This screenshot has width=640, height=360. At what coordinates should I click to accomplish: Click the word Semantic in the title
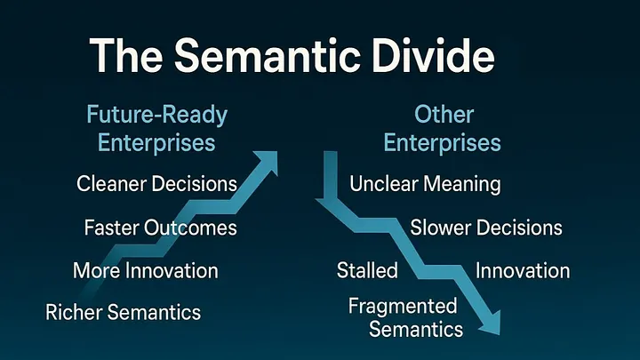[x=268, y=55]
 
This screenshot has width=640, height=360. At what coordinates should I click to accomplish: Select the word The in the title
[x=126, y=55]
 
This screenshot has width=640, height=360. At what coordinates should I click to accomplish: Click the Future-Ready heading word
[x=157, y=115]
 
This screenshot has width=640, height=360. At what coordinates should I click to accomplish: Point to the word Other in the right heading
[x=444, y=115]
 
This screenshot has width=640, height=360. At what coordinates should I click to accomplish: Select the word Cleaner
[x=111, y=184]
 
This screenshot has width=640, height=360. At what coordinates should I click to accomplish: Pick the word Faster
[x=111, y=228]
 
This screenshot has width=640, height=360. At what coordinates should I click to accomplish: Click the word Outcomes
[x=190, y=228]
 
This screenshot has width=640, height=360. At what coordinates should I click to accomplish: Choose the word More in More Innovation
[x=96, y=270]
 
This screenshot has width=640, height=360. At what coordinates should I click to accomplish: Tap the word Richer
[x=74, y=312]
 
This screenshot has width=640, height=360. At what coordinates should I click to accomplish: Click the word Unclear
[x=383, y=184]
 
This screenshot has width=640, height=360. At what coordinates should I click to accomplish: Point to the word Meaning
[x=462, y=185]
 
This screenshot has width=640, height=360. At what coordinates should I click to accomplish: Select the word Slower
[x=441, y=228]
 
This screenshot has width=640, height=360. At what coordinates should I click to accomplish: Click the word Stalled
[x=367, y=270]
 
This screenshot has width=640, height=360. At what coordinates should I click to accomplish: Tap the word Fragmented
[x=403, y=307]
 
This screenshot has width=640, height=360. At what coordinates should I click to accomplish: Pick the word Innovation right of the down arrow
[x=523, y=270]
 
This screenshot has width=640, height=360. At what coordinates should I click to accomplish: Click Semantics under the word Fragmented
[x=416, y=330]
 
